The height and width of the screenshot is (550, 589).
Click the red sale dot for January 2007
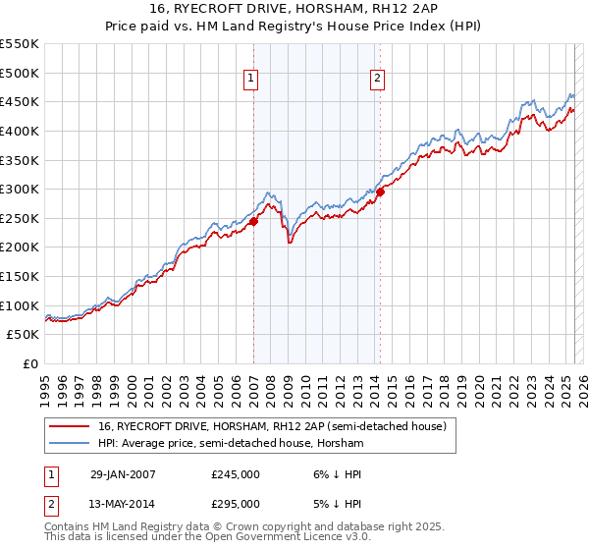coord(253,221)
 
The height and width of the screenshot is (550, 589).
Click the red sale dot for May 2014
coord(380,192)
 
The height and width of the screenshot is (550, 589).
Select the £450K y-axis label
coord(21,101)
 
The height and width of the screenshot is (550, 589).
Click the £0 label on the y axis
coord(30,363)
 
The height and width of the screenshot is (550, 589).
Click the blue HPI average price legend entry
coord(231,444)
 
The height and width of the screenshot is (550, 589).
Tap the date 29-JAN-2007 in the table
coord(123,473)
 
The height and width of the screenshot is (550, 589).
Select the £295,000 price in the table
coord(236,503)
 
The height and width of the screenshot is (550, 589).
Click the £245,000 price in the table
coord(236,473)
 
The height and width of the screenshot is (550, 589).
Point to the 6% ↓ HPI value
coord(337,473)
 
